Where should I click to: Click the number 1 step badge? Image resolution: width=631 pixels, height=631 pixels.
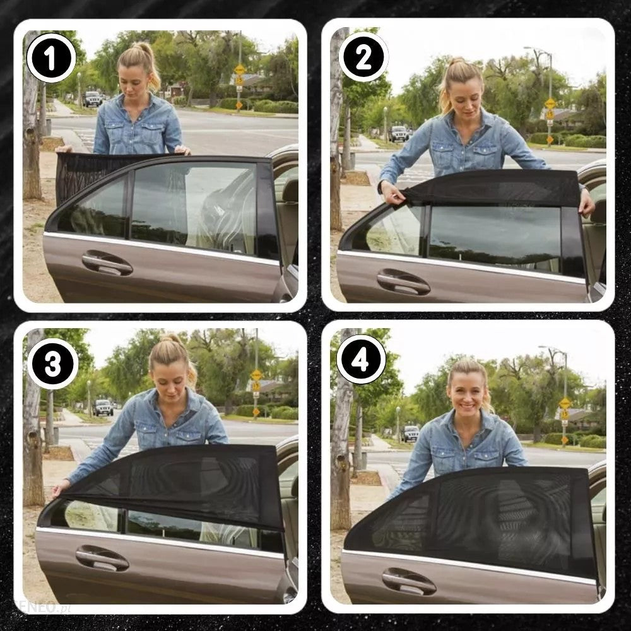(x=51, y=57)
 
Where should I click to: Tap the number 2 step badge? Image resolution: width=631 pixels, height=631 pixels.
(x=363, y=57)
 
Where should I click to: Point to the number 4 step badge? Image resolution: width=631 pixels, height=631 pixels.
(x=362, y=359)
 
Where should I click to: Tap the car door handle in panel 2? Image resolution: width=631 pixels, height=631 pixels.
(x=403, y=281)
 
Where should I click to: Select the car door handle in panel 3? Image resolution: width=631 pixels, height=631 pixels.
(x=102, y=558)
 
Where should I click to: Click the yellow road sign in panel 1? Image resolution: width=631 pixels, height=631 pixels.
(x=240, y=71)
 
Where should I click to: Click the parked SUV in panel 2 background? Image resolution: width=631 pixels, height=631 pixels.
(x=399, y=133)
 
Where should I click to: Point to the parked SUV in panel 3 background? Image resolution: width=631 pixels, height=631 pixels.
(x=103, y=407)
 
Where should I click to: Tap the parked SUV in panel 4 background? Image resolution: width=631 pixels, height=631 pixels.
(x=411, y=433)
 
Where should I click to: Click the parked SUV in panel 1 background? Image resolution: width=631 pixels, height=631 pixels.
(x=93, y=98)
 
